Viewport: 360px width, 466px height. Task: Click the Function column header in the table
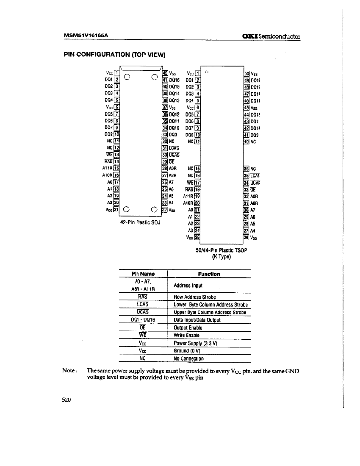pyautogui.click(x=210, y=274)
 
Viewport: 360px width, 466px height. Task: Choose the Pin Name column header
pyautogui.click(x=143, y=274)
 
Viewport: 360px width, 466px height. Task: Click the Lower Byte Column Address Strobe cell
pyautogui.click(x=210, y=305)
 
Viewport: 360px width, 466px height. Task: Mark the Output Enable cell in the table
pyautogui.click(x=188, y=328)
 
